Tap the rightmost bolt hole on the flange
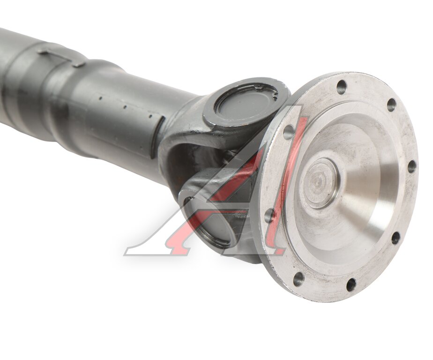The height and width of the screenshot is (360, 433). click(411, 166)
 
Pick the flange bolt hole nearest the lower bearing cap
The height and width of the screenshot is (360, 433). click(269, 215)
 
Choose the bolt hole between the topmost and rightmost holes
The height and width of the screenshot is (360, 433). click(391, 105)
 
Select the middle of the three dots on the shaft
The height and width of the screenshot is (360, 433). click(125, 107)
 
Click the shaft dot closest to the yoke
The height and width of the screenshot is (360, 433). click(150, 116)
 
